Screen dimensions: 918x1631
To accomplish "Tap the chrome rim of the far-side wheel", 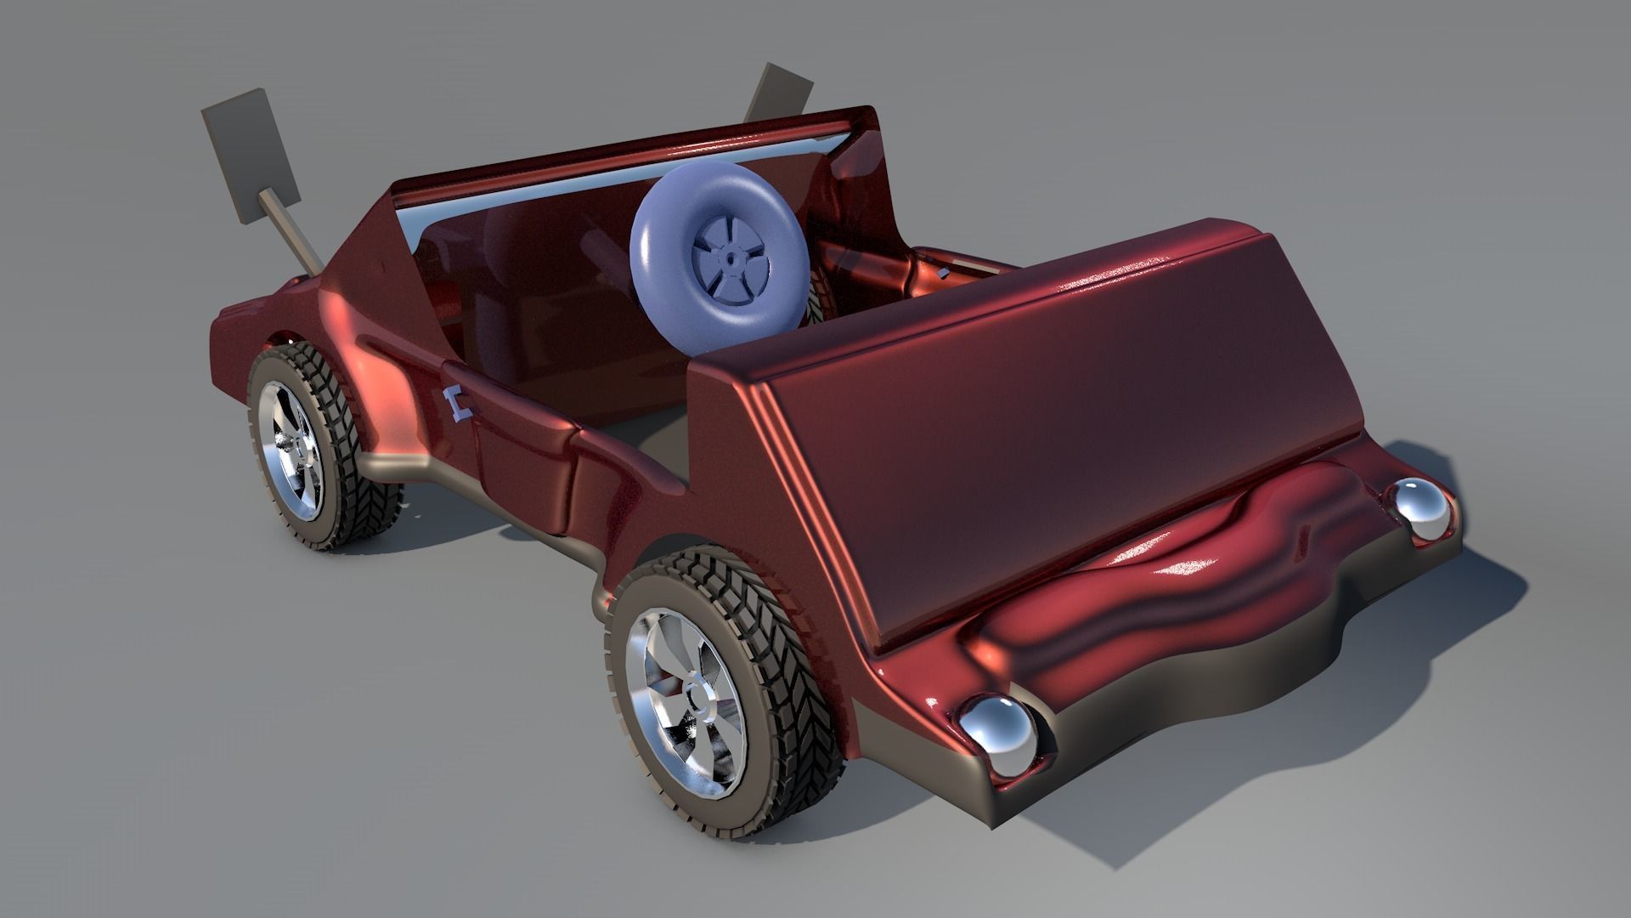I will (293, 451).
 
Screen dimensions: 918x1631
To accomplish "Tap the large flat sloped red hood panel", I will (1045, 425).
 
